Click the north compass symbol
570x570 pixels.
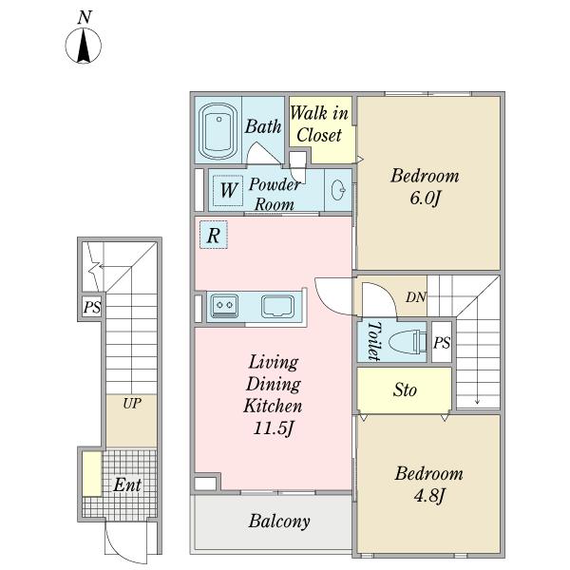click(x=84, y=46)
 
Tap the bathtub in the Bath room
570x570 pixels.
click(x=218, y=132)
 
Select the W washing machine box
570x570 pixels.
click(x=228, y=191)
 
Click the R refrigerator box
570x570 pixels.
click(x=214, y=235)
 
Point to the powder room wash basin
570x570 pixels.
click(x=338, y=189)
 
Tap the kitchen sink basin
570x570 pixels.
click(x=278, y=306)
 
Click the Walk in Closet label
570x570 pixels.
click(x=319, y=123)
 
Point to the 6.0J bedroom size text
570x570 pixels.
click(x=426, y=199)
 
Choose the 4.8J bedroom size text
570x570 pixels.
click(x=429, y=496)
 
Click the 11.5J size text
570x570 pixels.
click(x=274, y=427)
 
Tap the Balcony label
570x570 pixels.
click(x=279, y=522)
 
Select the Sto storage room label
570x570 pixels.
click(x=405, y=390)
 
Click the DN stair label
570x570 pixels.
click(x=416, y=297)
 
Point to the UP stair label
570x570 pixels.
click(x=132, y=403)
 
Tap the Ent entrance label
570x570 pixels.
click(x=127, y=484)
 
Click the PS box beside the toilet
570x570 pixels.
click(x=442, y=342)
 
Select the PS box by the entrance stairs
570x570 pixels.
click(x=92, y=307)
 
